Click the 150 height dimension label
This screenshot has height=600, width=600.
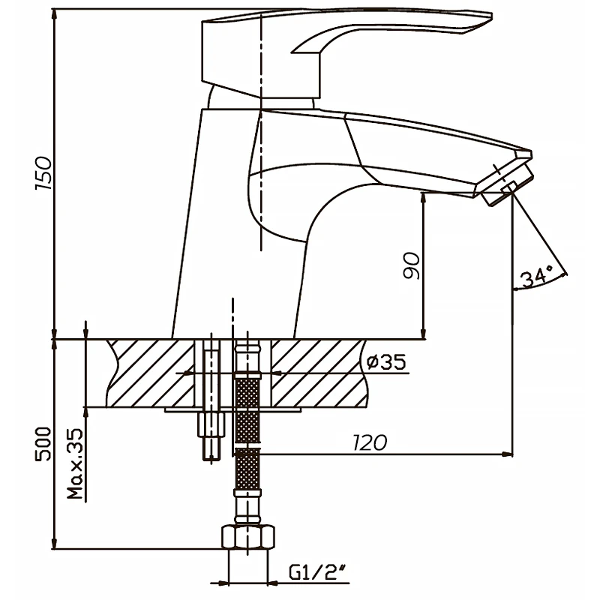tap(43, 173)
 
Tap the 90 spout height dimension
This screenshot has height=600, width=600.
tap(412, 265)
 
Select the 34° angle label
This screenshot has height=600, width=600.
tap(537, 277)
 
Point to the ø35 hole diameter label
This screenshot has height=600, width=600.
tap(385, 361)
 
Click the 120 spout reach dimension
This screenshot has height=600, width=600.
tap(369, 442)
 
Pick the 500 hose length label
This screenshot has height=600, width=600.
tap(43, 444)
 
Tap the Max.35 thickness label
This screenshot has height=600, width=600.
tap(75, 463)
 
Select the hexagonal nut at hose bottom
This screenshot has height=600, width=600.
tap(248, 537)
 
